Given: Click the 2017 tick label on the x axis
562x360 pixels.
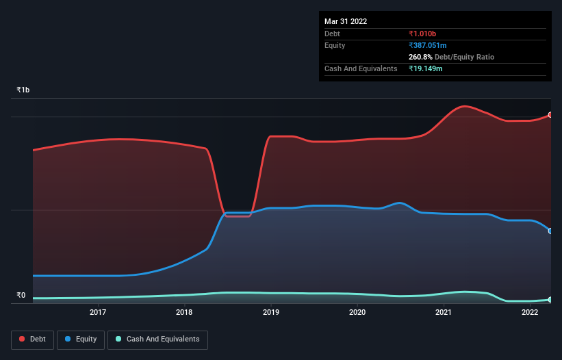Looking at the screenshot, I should (98, 313).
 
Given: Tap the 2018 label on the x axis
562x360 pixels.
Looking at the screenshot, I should (184, 313).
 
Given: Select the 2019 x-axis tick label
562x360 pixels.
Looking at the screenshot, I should (271, 313).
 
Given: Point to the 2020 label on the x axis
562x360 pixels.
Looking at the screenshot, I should (357, 313).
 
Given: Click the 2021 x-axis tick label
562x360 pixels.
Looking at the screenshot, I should (444, 313).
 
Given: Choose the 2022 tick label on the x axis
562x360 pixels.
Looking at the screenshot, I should (530, 313).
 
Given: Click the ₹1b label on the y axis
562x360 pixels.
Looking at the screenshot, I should (23, 90).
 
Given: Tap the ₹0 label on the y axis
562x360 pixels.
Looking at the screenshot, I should (21, 296).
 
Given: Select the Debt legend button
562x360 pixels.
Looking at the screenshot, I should (33, 339).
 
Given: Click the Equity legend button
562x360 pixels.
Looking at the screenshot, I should (81, 339).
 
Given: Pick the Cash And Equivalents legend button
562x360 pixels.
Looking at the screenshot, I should (157, 339).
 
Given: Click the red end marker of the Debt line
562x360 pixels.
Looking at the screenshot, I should (550, 115).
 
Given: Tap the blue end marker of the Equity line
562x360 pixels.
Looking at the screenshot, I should (550, 231).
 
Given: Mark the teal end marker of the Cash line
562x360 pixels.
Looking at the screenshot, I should (550, 300).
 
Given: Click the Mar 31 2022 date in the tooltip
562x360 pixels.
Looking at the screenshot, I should (346, 21).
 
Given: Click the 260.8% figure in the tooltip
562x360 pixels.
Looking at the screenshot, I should (421, 57).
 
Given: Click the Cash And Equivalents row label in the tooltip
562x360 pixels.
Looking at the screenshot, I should (361, 68).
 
